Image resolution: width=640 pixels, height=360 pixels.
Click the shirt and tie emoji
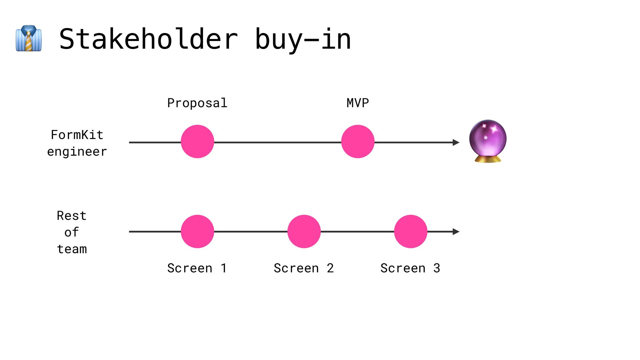tap(29, 38)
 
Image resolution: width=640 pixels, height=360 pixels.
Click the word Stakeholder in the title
tap(148, 39)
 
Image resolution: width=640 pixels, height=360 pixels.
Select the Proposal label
tap(197, 103)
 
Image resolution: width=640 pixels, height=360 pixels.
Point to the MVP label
tap(358, 103)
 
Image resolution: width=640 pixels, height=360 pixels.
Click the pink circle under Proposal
tap(197, 141)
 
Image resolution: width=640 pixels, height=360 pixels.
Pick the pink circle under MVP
tap(358, 141)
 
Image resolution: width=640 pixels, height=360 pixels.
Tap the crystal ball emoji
tap(488, 141)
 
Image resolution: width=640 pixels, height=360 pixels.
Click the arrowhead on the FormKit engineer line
tap(456, 142)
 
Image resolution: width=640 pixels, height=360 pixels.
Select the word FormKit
tap(77, 135)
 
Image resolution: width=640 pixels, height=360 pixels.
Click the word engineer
tap(77, 152)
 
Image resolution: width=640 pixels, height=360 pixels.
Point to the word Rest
tap(72, 216)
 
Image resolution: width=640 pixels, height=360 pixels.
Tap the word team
tap(72, 249)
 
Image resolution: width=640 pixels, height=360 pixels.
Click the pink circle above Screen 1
tap(197, 231)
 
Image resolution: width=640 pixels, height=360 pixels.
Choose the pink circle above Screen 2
tap(304, 231)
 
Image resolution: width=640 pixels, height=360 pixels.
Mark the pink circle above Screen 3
tap(411, 231)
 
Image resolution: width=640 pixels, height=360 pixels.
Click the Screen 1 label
tap(197, 268)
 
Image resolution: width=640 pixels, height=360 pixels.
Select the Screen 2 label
tap(304, 268)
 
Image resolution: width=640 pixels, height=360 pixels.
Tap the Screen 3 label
tap(410, 268)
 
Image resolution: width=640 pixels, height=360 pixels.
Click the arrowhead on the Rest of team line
tap(456, 232)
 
